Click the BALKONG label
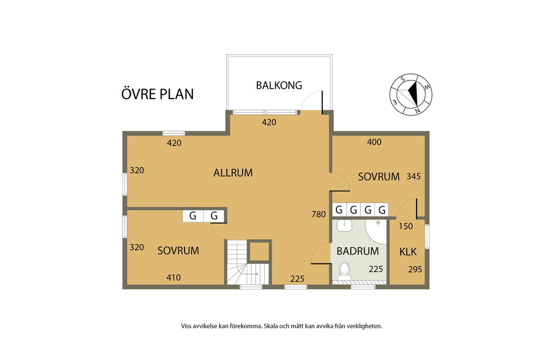point(279,85)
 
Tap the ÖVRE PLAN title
point(158,94)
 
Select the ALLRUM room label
point(233,172)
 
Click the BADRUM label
point(358,251)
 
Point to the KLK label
point(408,252)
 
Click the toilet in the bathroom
point(344,270)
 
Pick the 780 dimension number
point(319,214)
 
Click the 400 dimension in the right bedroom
point(374,142)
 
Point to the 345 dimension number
point(414,177)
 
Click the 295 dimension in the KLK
point(415,269)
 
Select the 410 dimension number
point(173,277)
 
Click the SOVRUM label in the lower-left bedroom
point(178,251)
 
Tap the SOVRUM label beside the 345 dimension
point(379,177)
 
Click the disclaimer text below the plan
point(281,326)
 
